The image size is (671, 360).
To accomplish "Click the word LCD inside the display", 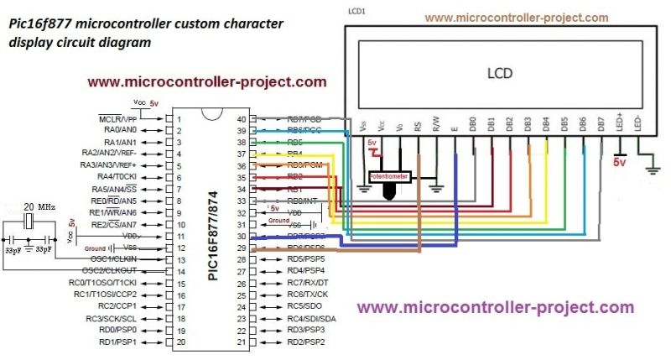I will pyautogui.click(x=500, y=72).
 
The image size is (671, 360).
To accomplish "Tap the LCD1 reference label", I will pyautogui.click(x=357, y=11).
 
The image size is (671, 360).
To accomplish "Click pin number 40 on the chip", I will pyautogui.click(x=242, y=119).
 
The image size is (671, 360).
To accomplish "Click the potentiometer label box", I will pyautogui.click(x=388, y=178).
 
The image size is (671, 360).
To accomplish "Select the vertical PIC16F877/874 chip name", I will pyautogui.click(x=212, y=230).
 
